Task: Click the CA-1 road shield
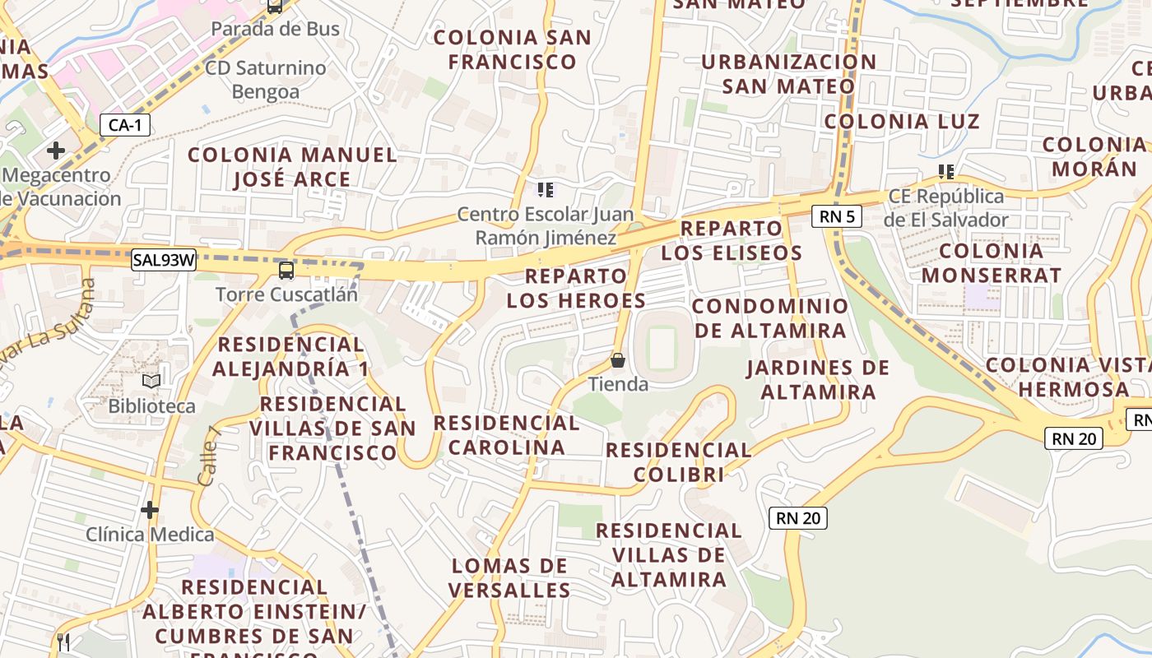tap(125, 126)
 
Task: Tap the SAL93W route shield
tap(165, 261)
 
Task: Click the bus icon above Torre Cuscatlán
tap(286, 270)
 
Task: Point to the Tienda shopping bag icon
tap(618, 360)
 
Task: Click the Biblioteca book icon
tap(151, 382)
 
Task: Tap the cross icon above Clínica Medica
tap(149, 510)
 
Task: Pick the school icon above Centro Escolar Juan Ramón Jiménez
tap(545, 190)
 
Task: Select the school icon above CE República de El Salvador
tap(946, 172)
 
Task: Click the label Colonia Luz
tap(902, 122)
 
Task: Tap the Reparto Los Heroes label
tap(576, 288)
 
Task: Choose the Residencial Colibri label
tap(679, 462)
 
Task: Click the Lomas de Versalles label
tap(510, 578)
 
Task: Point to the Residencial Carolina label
tap(507, 435)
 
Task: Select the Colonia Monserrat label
tap(992, 263)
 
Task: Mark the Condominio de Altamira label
tap(769, 318)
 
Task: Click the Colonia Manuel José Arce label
tap(292, 167)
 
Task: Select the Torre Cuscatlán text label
tap(286, 294)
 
